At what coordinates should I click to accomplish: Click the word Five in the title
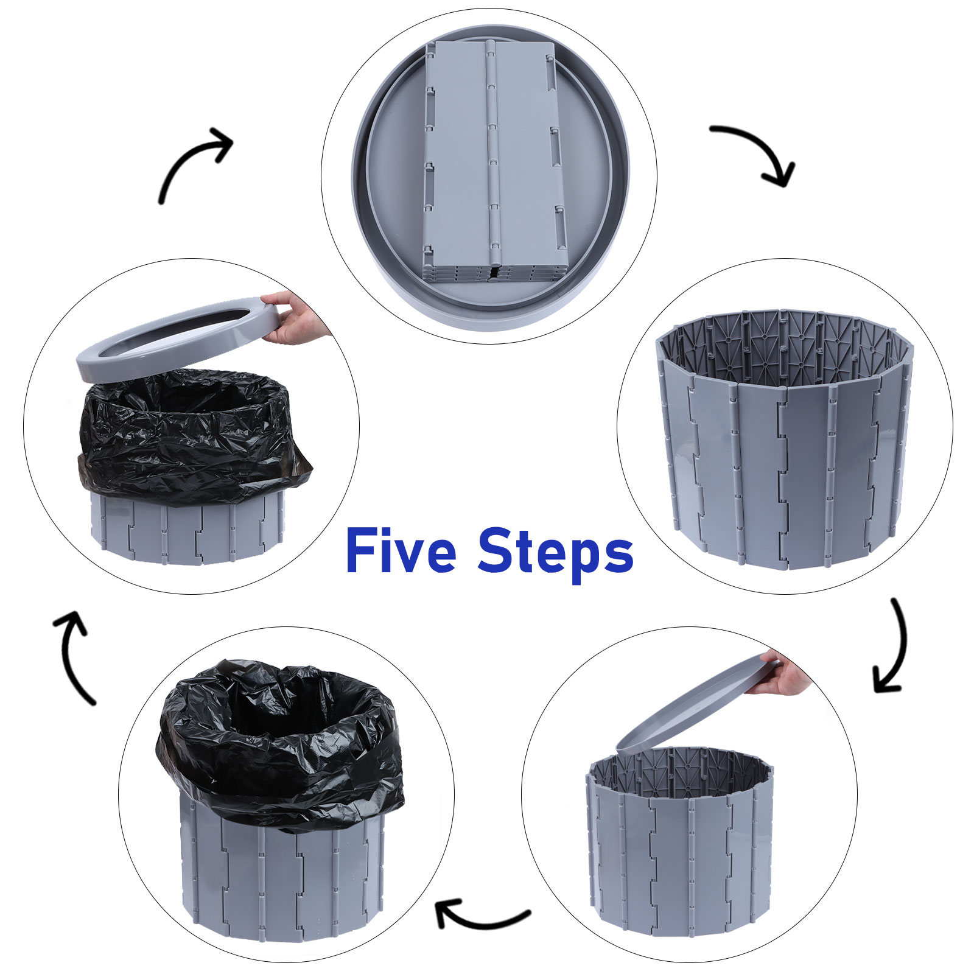click(401, 551)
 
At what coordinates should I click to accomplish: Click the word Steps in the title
click(555, 554)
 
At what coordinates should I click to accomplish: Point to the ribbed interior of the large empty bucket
click(785, 347)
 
